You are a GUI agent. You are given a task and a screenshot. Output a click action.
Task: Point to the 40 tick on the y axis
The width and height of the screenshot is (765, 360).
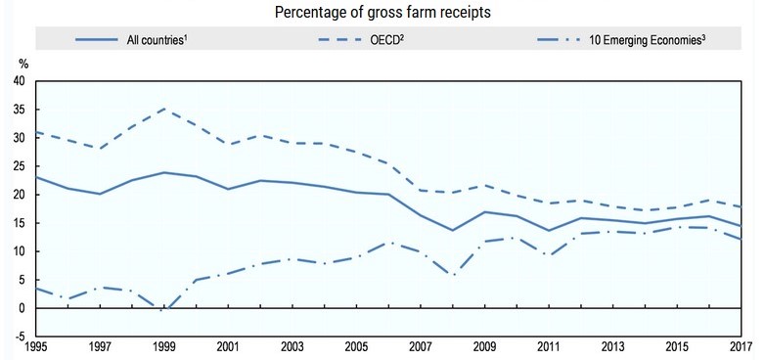[21, 81]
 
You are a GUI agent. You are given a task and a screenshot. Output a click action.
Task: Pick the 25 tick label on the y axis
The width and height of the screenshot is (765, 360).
[21, 166]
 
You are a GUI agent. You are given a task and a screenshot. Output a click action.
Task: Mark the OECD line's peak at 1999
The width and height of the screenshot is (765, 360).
[164, 109]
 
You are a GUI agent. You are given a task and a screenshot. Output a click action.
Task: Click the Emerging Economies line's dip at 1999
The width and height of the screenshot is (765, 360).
[164, 310]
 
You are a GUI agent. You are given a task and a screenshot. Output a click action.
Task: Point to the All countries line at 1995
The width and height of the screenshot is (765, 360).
[36, 177]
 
